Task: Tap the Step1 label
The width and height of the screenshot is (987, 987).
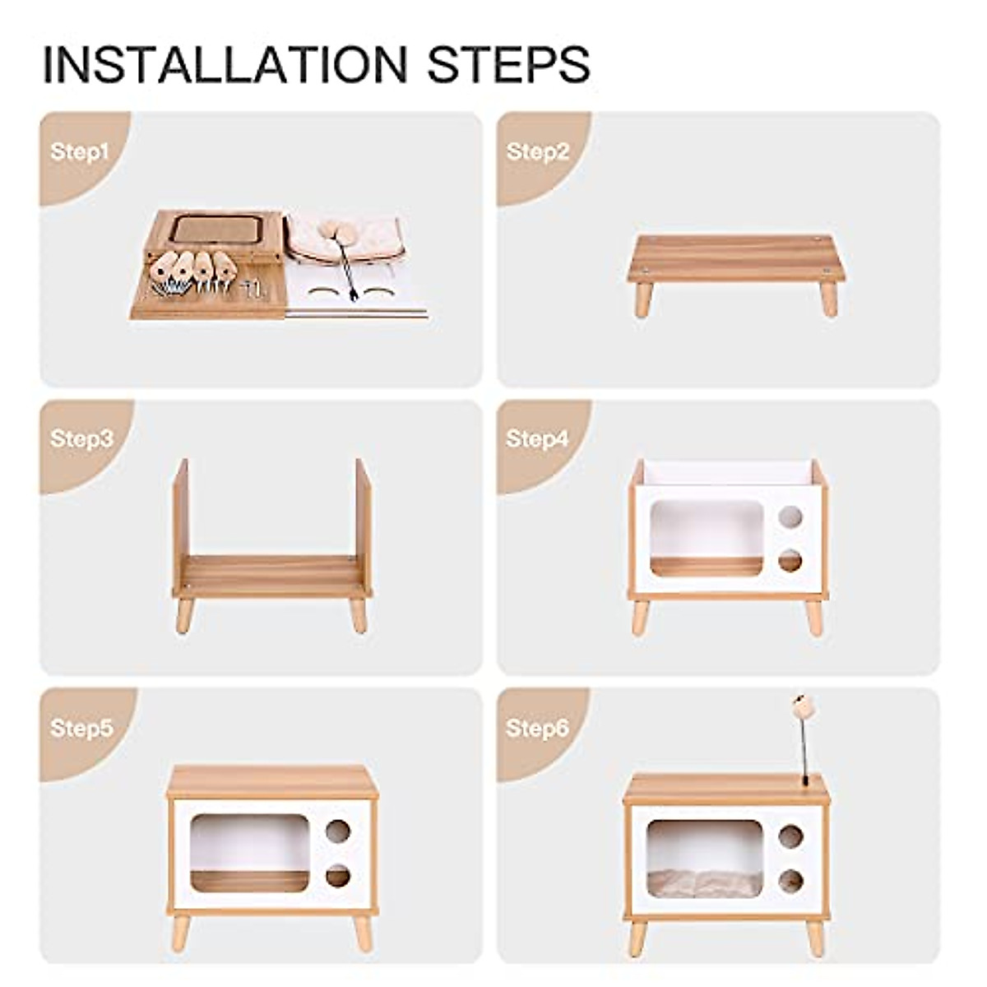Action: pyautogui.click(x=79, y=152)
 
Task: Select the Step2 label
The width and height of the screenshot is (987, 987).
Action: pyautogui.click(x=537, y=152)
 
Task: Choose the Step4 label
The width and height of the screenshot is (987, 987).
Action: pyautogui.click(x=537, y=439)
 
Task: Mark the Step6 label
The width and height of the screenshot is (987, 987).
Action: pyautogui.click(x=537, y=729)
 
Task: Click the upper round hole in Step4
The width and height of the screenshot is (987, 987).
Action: pyautogui.click(x=790, y=517)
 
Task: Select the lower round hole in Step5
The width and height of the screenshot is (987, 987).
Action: pyautogui.click(x=337, y=876)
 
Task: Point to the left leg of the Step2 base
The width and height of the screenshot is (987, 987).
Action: pyautogui.click(x=642, y=299)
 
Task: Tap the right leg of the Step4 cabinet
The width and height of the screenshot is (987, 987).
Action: pyautogui.click(x=813, y=617)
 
